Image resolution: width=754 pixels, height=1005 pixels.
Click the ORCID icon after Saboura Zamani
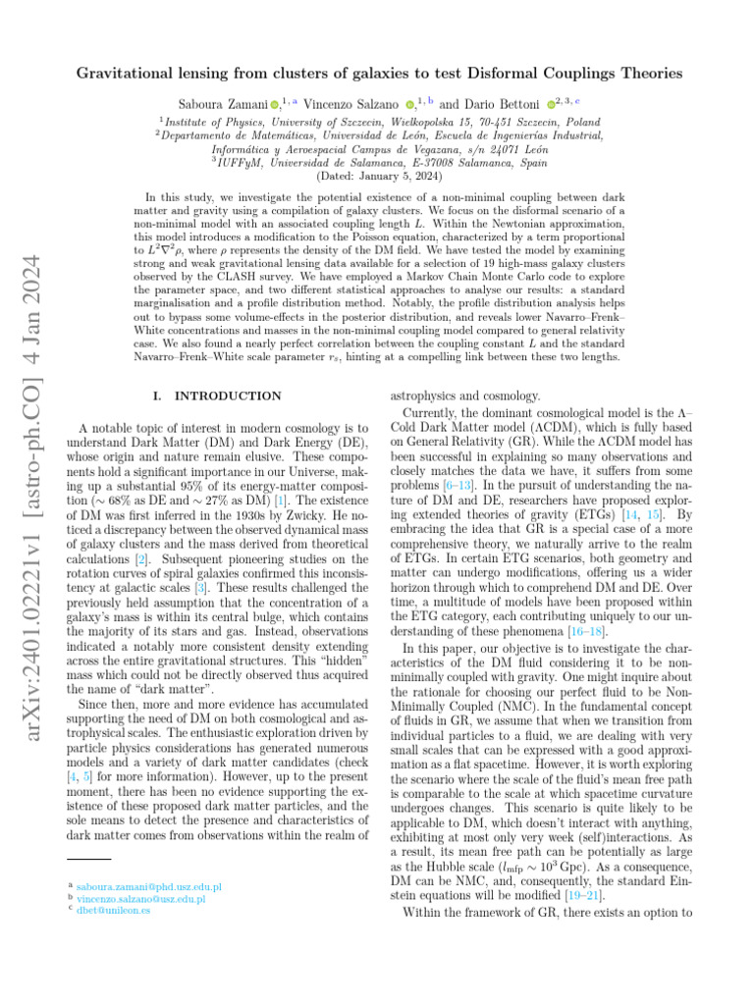pos(275,102)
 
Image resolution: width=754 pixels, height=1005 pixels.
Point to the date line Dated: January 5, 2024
pos(376,177)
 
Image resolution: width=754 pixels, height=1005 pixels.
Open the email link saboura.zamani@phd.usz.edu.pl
pos(147,886)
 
